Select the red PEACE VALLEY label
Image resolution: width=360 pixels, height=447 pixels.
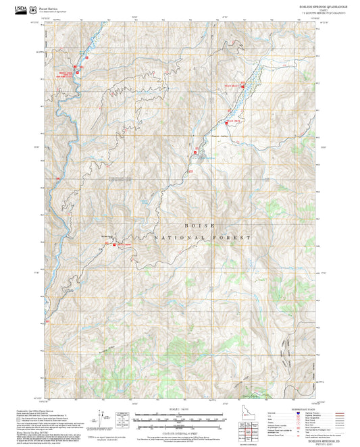coord(232,85)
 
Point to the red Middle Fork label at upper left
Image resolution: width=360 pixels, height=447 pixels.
coord(65,74)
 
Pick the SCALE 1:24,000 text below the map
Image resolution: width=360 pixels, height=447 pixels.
coord(180,409)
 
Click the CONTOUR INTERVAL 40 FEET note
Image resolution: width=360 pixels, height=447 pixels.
coord(180,430)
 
